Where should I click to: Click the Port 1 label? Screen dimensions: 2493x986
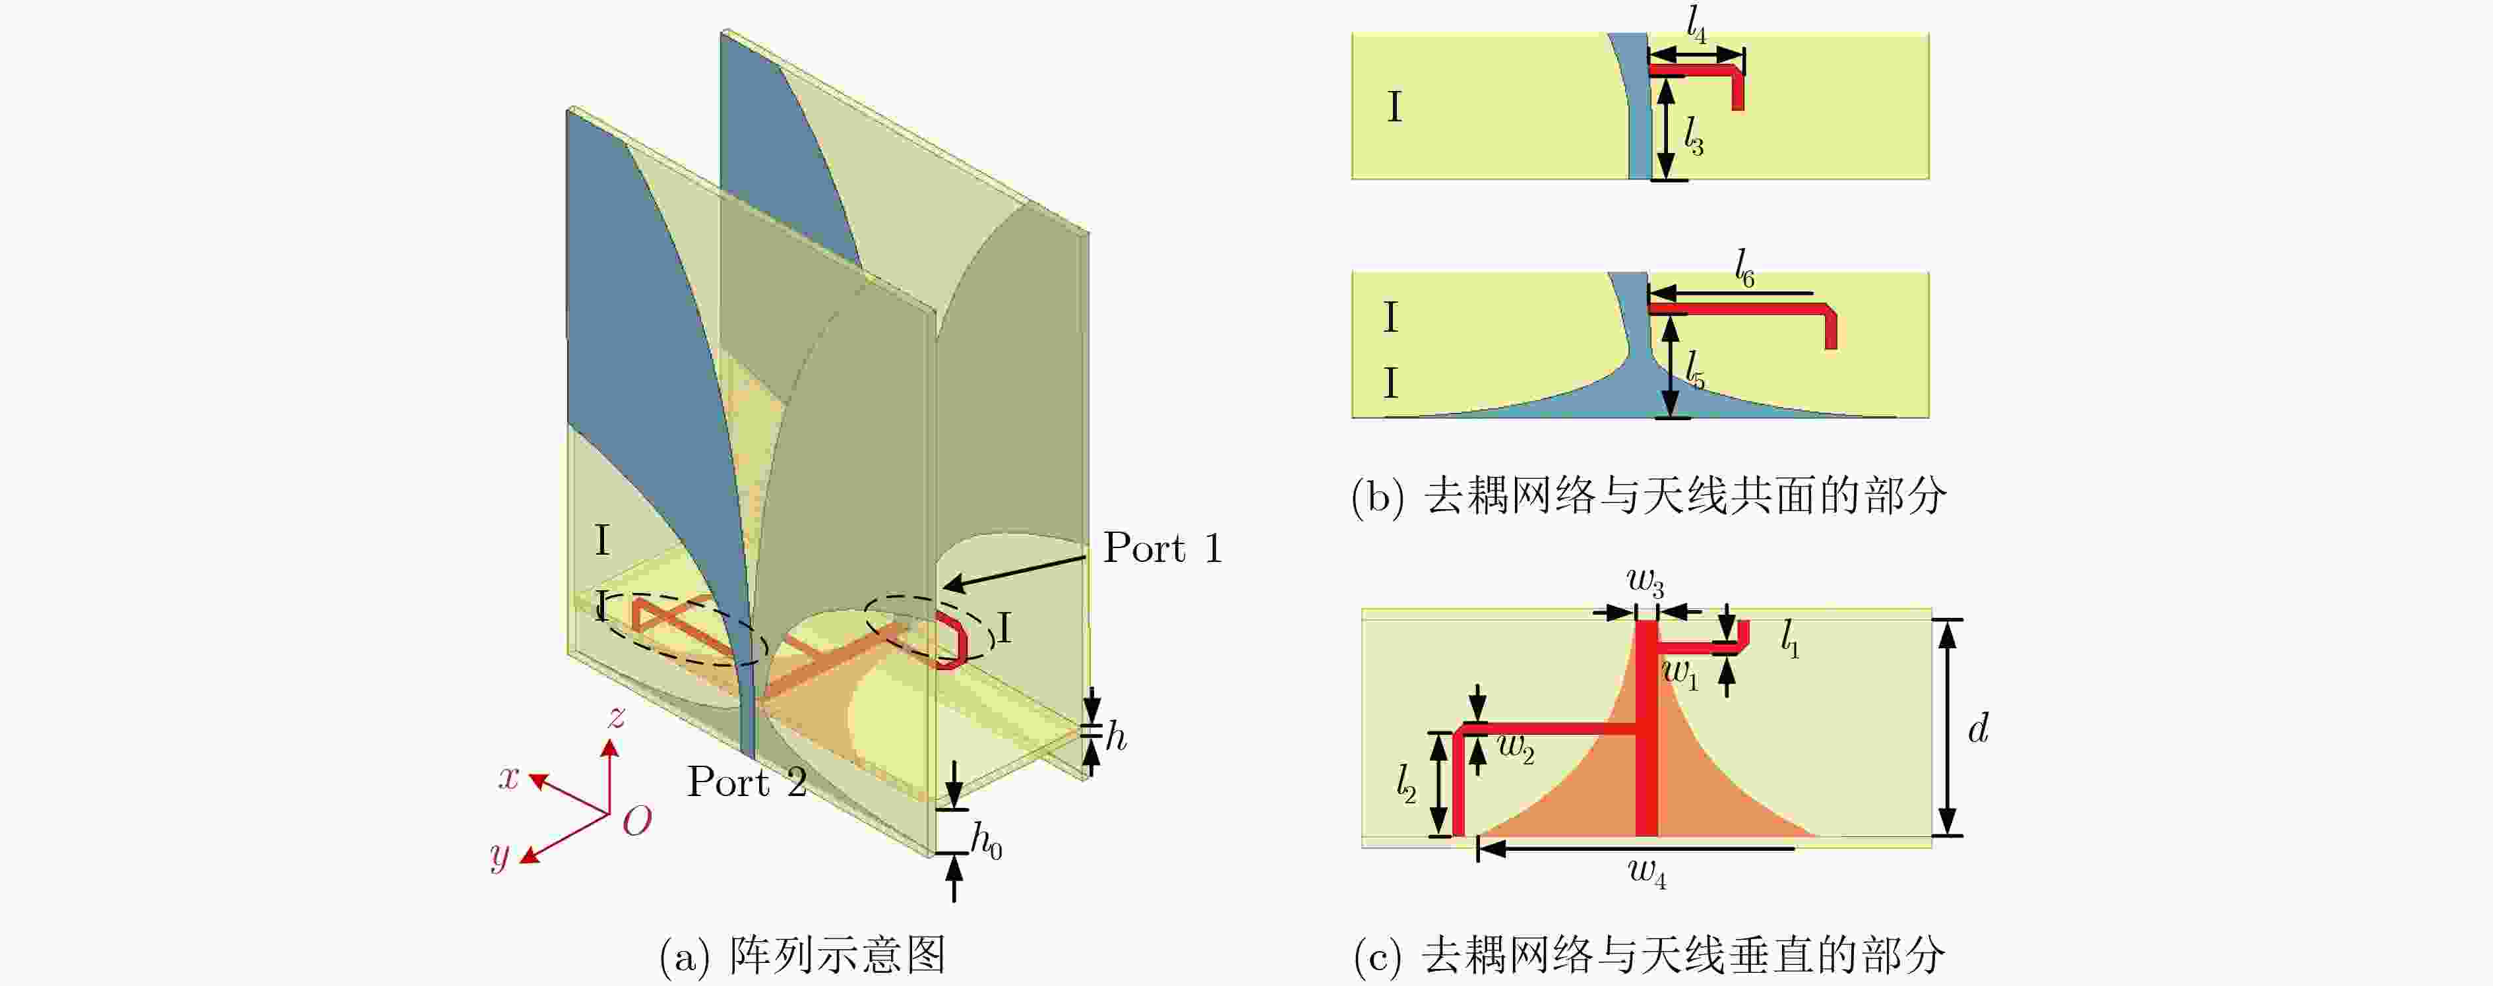(x=1163, y=549)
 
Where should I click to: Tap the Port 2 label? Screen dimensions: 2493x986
(x=747, y=782)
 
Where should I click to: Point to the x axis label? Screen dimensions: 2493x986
(x=509, y=776)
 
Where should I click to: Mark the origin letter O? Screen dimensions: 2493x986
(x=637, y=822)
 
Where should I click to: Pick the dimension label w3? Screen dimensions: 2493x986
(x=1646, y=582)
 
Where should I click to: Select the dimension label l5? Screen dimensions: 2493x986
(x=1694, y=369)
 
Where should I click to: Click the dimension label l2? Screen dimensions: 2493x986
(x=1406, y=783)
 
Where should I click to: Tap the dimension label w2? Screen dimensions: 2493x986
(x=1516, y=748)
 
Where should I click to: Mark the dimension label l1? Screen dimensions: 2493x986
(x=1791, y=640)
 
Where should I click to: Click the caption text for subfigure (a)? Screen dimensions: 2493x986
(x=802, y=955)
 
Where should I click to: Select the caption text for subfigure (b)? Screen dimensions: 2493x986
(x=1649, y=497)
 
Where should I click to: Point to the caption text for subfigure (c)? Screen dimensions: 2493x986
(x=1649, y=955)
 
